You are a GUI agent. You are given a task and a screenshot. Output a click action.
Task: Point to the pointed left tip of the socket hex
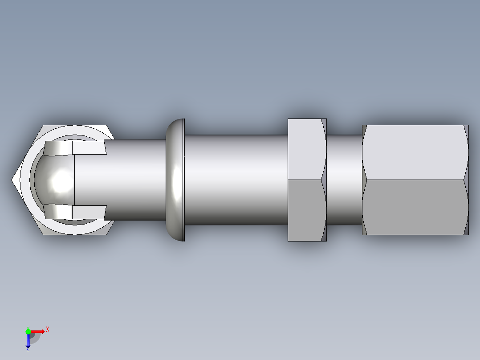coord(13,180)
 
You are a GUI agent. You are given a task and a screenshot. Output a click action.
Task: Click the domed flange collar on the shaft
coord(175,180)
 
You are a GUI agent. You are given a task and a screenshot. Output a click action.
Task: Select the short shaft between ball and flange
coord(134,180)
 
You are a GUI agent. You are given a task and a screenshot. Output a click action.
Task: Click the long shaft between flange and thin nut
coord(236,180)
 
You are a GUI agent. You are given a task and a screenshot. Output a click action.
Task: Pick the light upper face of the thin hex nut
coord(305,149)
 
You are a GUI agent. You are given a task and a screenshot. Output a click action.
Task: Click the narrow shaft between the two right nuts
coord(344,180)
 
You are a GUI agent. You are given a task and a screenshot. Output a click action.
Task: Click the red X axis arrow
coord(38,331)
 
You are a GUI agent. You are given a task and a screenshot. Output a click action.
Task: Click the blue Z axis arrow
coord(28,341)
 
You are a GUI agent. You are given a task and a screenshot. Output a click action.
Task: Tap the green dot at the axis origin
coord(28,331)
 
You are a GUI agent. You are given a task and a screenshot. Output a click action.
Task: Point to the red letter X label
coord(48,329)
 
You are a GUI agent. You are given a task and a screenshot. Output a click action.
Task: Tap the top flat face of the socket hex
coord(76,128)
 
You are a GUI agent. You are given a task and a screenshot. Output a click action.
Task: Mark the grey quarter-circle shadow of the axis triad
coord(35,337)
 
